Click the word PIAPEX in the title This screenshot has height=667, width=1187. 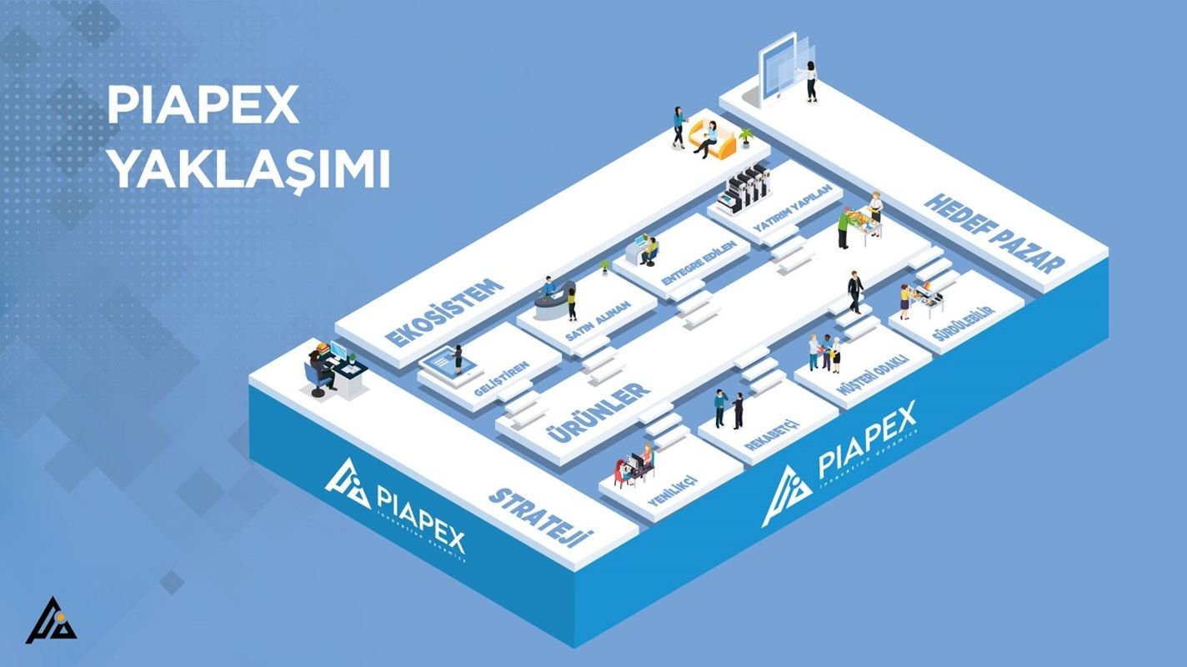(x=203, y=106)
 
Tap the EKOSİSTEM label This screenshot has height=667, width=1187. (x=445, y=313)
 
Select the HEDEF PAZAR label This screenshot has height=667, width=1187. (x=994, y=233)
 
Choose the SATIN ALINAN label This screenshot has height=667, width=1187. (x=598, y=320)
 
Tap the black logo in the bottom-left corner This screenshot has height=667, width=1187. (x=50, y=621)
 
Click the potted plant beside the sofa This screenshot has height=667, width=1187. (x=745, y=136)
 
